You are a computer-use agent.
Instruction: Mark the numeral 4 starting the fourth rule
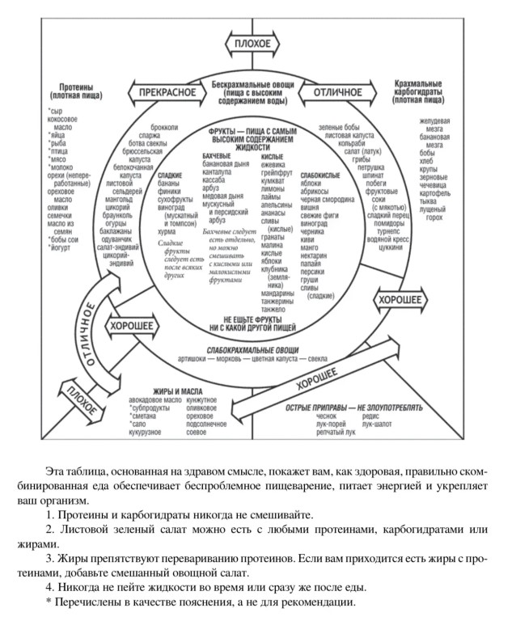[49, 585]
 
